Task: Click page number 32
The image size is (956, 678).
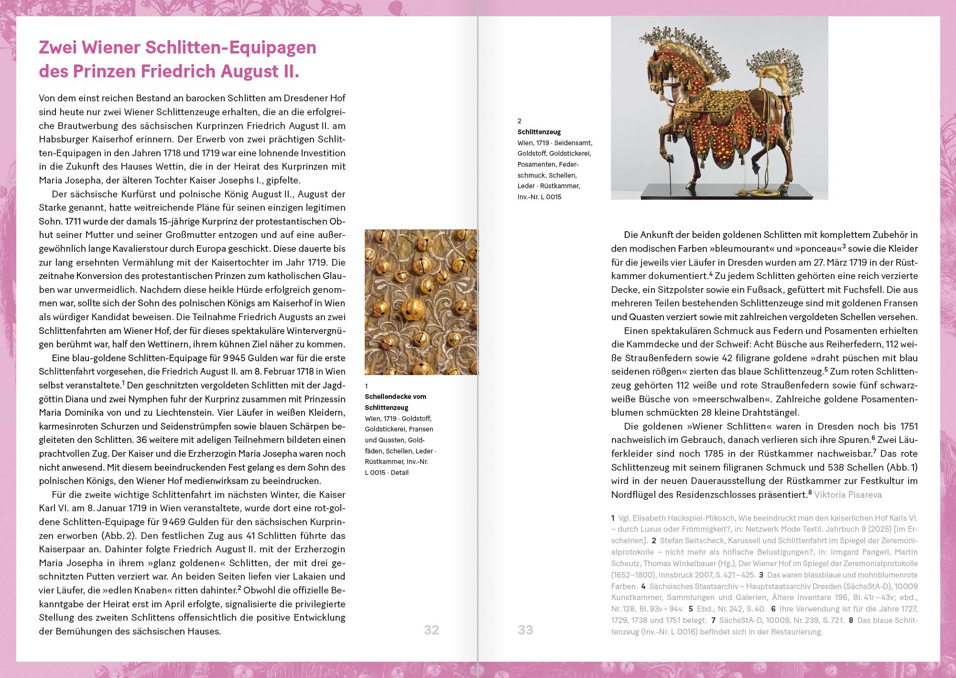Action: (431, 630)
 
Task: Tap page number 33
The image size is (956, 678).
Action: (525, 630)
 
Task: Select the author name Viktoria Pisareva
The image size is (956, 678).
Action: (847, 495)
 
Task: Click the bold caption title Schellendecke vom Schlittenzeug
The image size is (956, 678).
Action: (395, 402)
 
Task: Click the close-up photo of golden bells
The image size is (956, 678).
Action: (421, 302)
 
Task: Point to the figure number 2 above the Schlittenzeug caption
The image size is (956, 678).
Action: (520, 121)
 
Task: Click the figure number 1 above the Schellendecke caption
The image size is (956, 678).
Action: (367, 386)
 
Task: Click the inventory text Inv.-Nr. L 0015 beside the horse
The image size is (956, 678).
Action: (539, 197)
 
